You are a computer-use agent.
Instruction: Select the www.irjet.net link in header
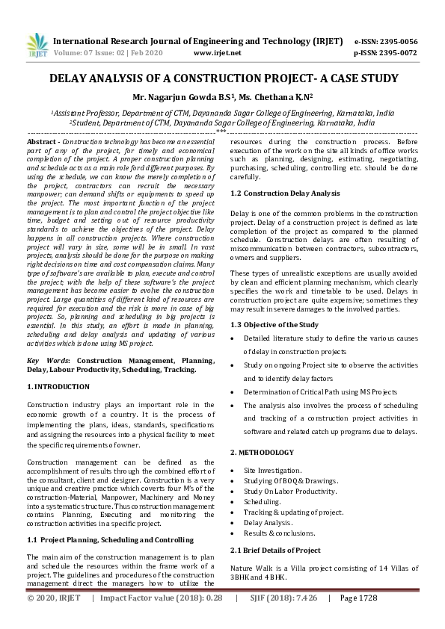coord(217,54)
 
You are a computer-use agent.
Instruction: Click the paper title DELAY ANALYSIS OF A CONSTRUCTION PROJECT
coord(222,78)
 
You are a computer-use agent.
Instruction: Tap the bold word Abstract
coord(42,141)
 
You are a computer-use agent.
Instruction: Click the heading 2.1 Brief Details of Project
coord(275,551)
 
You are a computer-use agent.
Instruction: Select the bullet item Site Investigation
coord(273,470)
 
